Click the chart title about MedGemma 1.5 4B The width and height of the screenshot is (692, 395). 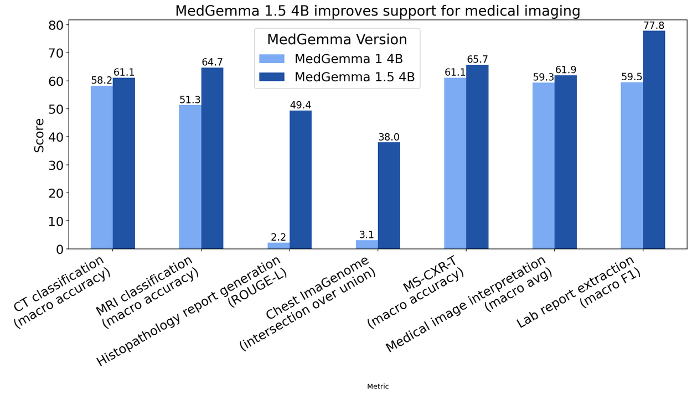(x=378, y=11)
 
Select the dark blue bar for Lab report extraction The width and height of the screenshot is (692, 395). (x=654, y=140)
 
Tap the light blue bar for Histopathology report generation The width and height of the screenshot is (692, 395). (x=278, y=246)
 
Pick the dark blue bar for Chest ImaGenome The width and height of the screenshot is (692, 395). (x=389, y=195)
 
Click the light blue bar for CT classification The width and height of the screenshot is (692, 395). (x=102, y=167)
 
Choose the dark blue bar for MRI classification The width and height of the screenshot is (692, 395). (x=212, y=158)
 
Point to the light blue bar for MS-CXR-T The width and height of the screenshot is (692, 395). (x=455, y=163)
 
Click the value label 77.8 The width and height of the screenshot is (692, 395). (x=654, y=25)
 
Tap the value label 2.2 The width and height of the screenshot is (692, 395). (x=278, y=236)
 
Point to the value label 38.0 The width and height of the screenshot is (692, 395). (x=389, y=136)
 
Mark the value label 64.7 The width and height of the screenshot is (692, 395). (x=212, y=61)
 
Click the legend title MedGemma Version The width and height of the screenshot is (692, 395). (x=337, y=40)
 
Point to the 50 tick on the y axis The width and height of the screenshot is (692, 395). (x=57, y=109)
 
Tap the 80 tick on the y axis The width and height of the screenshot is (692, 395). (x=57, y=25)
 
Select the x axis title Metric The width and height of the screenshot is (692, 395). (x=378, y=387)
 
